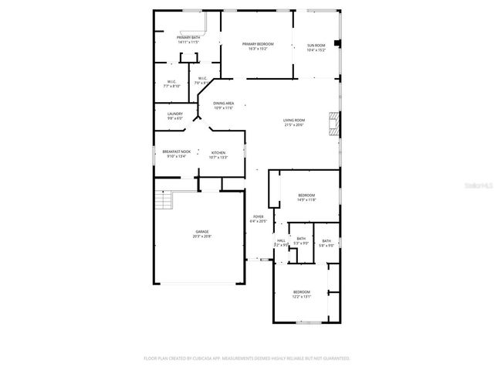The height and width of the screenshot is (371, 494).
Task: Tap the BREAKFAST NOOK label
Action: (176, 154)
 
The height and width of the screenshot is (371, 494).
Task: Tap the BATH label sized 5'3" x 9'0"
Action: (301, 240)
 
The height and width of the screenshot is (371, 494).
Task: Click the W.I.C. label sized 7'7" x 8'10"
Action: (171, 83)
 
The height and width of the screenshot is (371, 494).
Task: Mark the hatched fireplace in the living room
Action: (333, 124)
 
